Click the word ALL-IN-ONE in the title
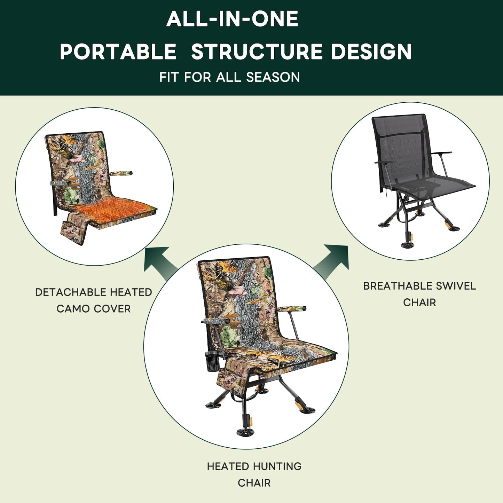coord(232,19)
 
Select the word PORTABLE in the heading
coord(118,52)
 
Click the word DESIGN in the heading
coord(371,52)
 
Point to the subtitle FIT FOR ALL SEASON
coord(229,77)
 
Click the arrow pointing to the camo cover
coord(159,261)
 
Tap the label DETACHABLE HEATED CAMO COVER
coord(94,300)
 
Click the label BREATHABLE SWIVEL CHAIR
coord(419,294)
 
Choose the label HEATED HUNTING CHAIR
coord(254,474)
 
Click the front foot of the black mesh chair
coord(408,245)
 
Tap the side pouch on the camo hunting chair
coord(229,379)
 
